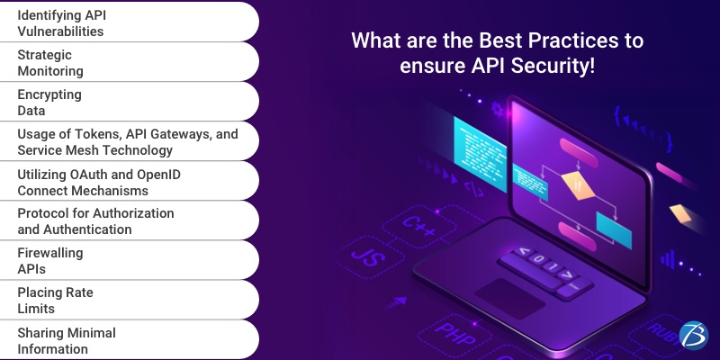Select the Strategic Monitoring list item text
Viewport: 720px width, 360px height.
[50, 63]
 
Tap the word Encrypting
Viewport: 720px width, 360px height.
[49, 94]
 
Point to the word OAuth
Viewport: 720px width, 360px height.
[103, 174]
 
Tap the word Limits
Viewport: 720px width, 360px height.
[38, 309]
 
